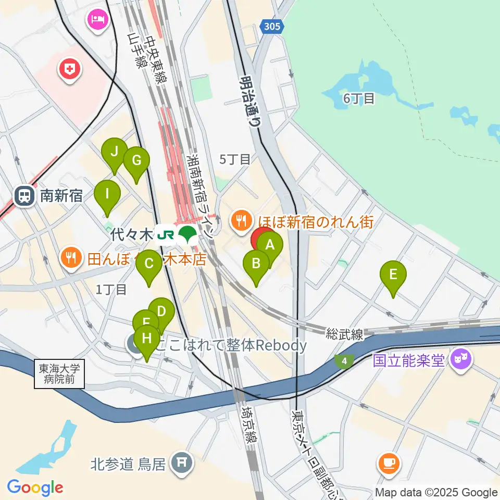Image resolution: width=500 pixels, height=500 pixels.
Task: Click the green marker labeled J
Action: [115, 152]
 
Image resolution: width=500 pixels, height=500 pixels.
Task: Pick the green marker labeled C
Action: [149, 264]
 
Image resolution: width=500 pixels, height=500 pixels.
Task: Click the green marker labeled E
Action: [393, 274]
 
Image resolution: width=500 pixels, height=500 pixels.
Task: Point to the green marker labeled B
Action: [256, 264]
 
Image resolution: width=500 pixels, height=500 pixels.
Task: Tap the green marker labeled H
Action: [147, 339]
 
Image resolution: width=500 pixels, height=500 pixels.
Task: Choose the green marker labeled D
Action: [161, 312]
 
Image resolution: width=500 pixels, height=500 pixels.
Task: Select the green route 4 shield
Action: [344, 360]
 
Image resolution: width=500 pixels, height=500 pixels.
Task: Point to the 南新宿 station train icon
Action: [24, 196]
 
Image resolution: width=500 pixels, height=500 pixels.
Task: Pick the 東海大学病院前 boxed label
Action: [60, 374]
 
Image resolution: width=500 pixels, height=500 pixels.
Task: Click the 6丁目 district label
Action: [359, 98]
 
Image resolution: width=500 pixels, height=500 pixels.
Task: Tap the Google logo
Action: [35, 487]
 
